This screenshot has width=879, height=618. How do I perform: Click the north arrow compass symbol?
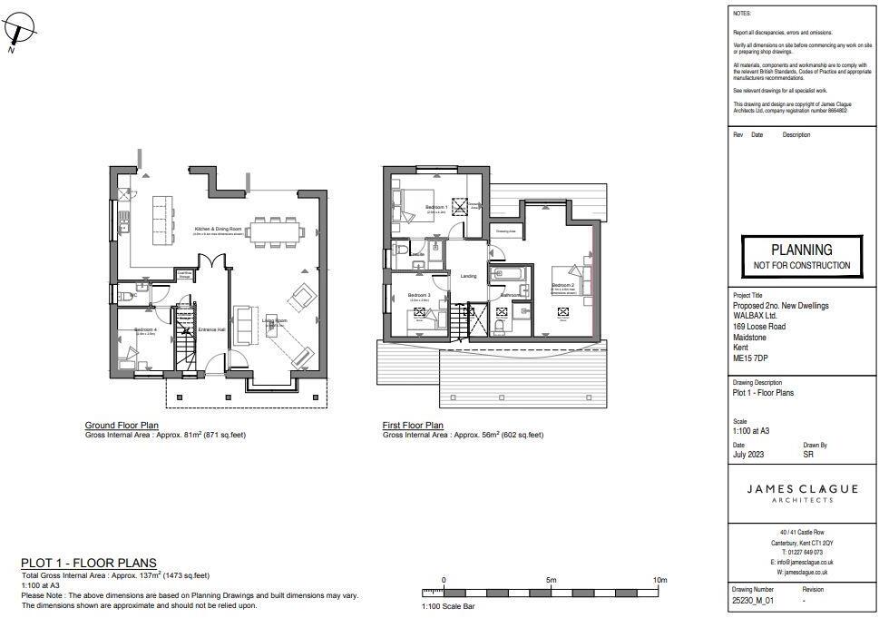(x=20, y=31)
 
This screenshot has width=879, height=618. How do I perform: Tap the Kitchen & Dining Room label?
(x=217, y=230)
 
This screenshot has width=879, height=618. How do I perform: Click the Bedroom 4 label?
(x=145, y=329)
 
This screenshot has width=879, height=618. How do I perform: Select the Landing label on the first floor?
(x=468, y=276)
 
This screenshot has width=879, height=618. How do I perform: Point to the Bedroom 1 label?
(x=436, y=208)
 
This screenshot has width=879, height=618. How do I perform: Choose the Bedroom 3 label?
(x=418, y=296)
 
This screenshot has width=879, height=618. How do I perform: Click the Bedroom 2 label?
(x=563, y=286)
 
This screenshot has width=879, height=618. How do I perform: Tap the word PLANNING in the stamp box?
(x=801, y=250)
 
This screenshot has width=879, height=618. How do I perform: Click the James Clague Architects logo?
(x=802, y=493)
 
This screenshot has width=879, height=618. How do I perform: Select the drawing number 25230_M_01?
(x=753, y=601)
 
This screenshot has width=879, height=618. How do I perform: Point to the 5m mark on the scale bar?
(x=552, y=580)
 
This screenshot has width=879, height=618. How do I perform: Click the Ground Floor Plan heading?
(x=122, y=425)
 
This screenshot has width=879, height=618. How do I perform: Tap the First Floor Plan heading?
(x=413, y=425)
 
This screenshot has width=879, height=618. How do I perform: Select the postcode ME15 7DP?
(x=750, y=359)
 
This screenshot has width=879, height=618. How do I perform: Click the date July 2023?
(x=748, y=455)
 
